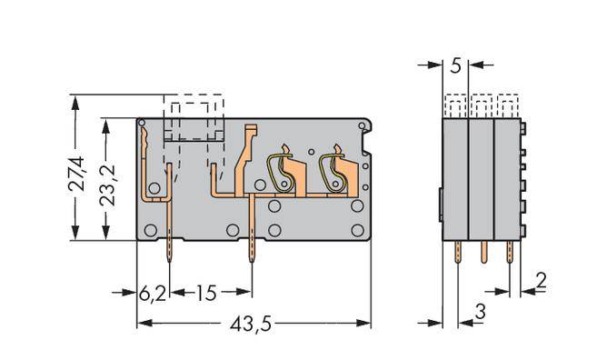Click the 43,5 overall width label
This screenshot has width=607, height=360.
pyautogui.click(x=254, y=324)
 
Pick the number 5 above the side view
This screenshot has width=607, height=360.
pyautogui.click(x=455, y=65)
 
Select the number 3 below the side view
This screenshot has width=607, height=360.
pyautogui.click(x=480, y=315)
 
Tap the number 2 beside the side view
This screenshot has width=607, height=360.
pyautogui.click(x=540, y=281)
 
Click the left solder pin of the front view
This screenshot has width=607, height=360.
pyautogui.click(x=170, y=250)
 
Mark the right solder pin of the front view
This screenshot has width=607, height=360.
pyautogui.click(x=252, y=250)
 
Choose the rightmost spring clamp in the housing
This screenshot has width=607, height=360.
pyautogui.click(x=334, y=170)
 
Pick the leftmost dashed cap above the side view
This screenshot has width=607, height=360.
pyautogui.click(x=455, y=105)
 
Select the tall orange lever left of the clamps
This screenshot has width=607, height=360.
pyautogui.click(x=244, y=159)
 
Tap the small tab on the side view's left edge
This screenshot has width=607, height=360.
pyautogui.click(x=441, y=205)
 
